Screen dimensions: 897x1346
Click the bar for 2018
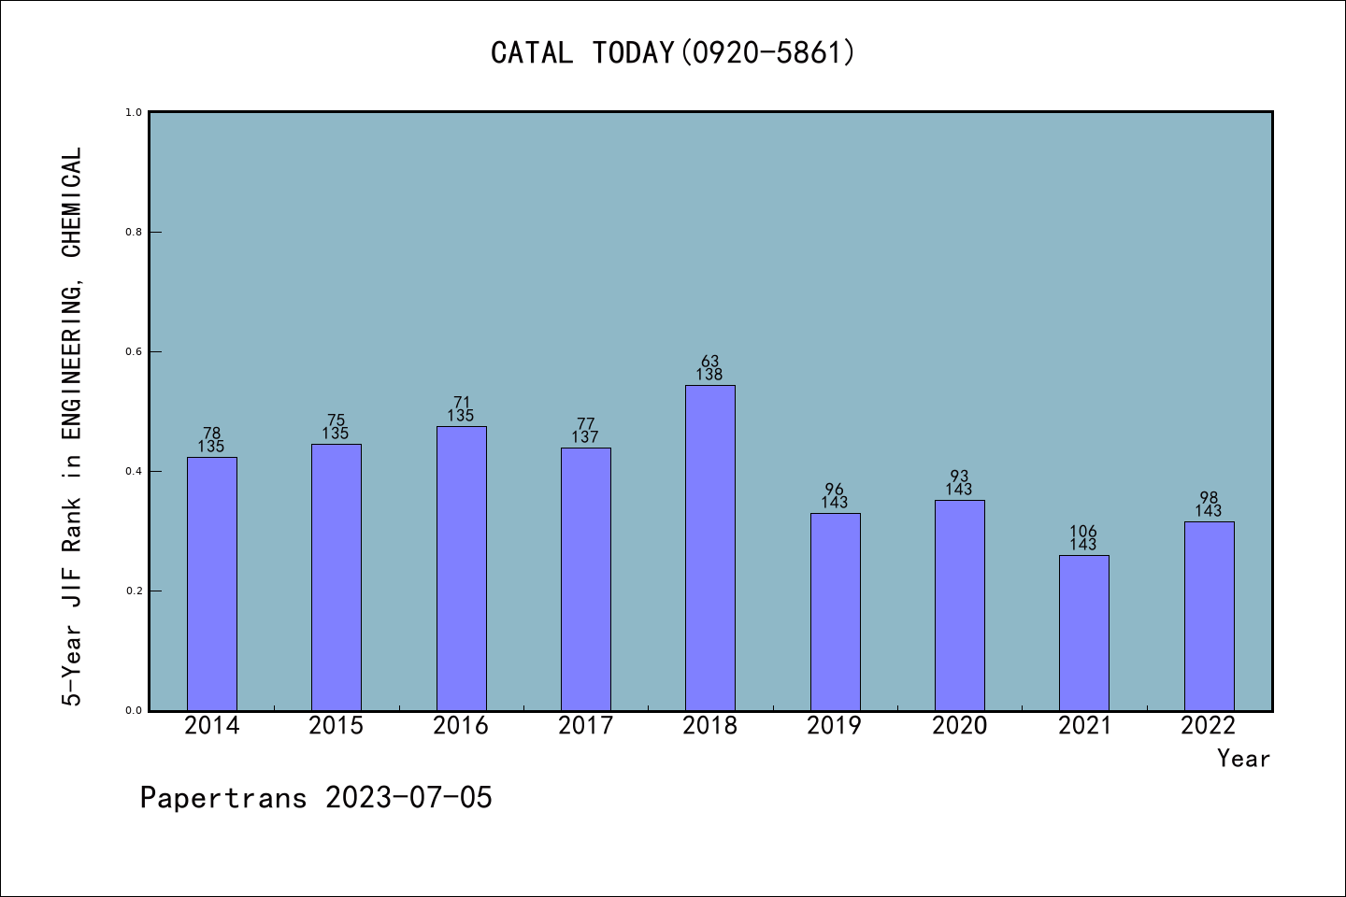(709, 548)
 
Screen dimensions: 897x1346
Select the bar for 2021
(1083, 633)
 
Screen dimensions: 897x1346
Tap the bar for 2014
(211, 583)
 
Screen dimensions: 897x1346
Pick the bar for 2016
(461, 568)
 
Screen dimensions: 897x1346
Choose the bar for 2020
(959, 605)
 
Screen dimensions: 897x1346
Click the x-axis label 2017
(585, 726)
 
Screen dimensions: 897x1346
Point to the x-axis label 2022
(1208, 726)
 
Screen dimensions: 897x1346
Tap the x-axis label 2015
(336, 726)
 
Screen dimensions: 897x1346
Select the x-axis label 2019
(834, 726)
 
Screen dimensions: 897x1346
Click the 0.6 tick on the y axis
(134, 351)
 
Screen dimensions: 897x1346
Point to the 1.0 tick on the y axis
(134, 112)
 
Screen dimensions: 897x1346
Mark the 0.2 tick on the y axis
(134, 591)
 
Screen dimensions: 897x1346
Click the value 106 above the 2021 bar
(1083, 532)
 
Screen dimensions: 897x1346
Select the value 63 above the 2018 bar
(709, 362)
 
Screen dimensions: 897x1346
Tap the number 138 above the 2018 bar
(709, 375)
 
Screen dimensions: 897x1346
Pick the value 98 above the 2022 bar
(1208, 498)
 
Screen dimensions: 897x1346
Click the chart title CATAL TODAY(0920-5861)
(673, 52)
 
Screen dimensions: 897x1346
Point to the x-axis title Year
(1243, 759)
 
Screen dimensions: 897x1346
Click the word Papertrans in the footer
(223, 798)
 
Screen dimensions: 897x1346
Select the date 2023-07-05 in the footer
(408, 798)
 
